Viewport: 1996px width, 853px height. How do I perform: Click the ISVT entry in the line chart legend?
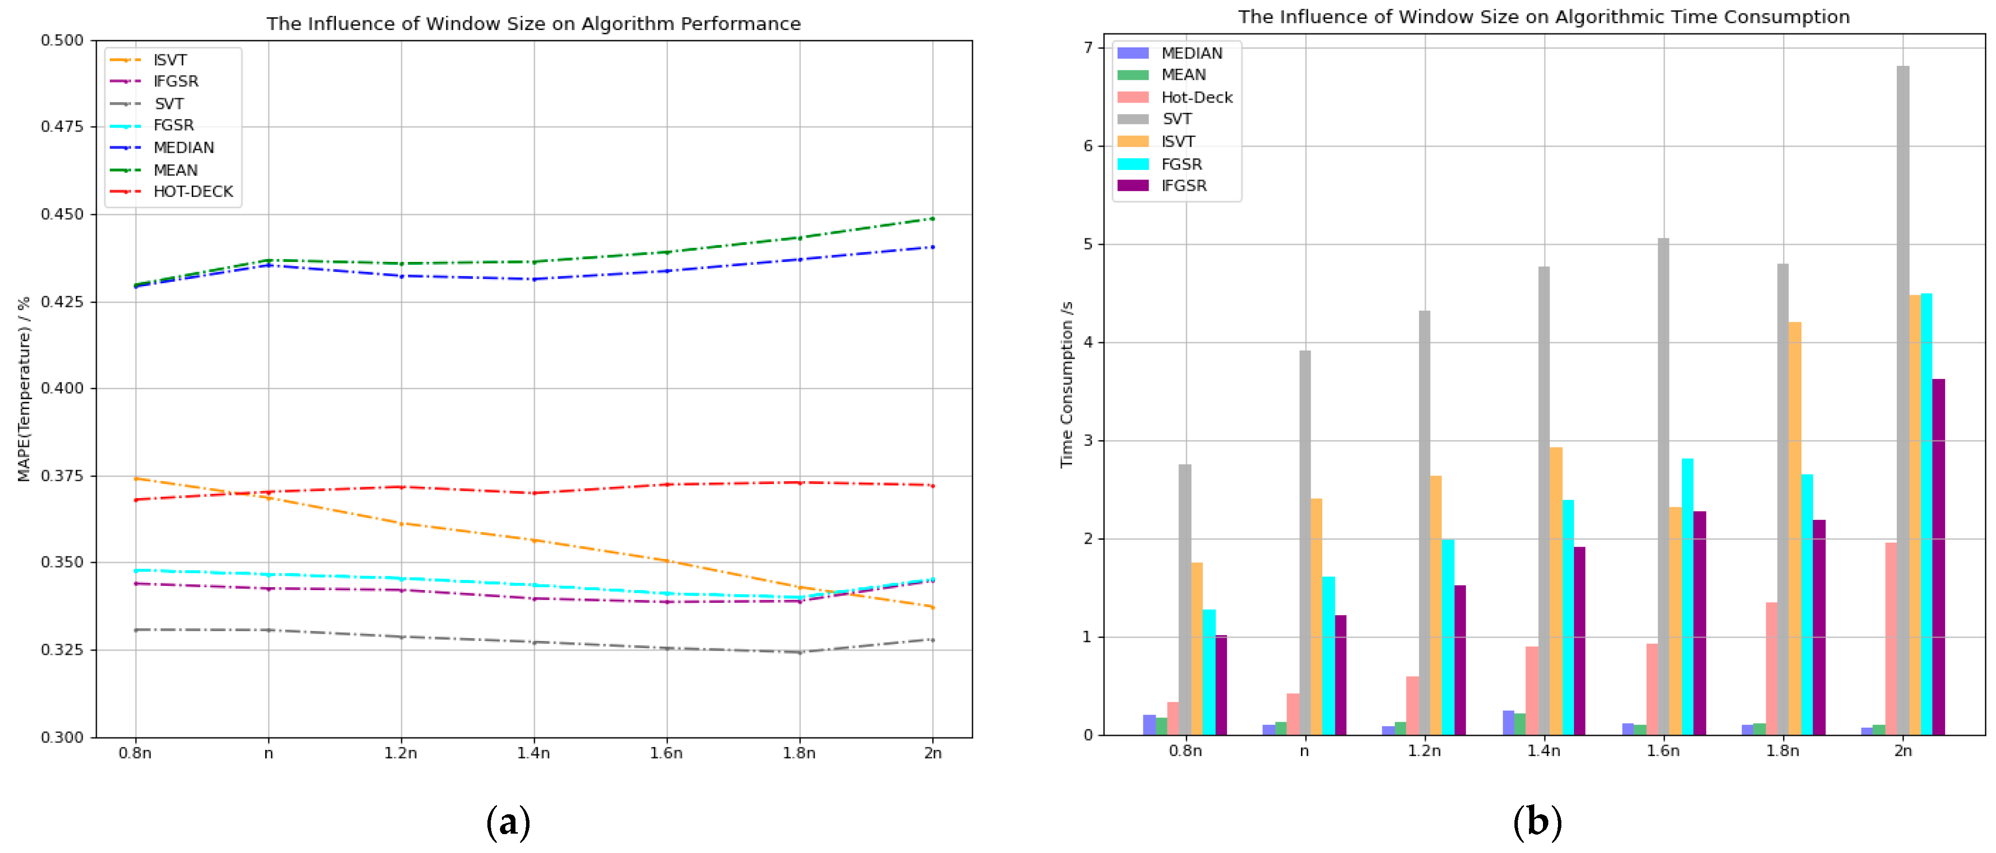click(x=170, y=60)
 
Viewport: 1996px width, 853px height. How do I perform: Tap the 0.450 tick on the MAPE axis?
click(x=62, y=214)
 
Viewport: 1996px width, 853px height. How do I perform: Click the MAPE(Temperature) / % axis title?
click(x=24, y=388)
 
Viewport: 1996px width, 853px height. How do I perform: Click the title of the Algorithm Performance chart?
click(x=533, y=23)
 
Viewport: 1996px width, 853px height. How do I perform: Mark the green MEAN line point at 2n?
click(x=932, y=218)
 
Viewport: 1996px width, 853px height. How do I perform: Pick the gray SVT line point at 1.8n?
click(x=800, y=653)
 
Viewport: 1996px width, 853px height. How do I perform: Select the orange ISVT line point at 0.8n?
click(x=136, y=479)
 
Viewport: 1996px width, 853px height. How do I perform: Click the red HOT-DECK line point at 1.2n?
click(x=401, y=487)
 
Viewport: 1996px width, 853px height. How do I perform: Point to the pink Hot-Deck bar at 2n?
click(x=1890, y=639)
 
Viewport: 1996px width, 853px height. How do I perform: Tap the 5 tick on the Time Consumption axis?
click(x=1088, y=244)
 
